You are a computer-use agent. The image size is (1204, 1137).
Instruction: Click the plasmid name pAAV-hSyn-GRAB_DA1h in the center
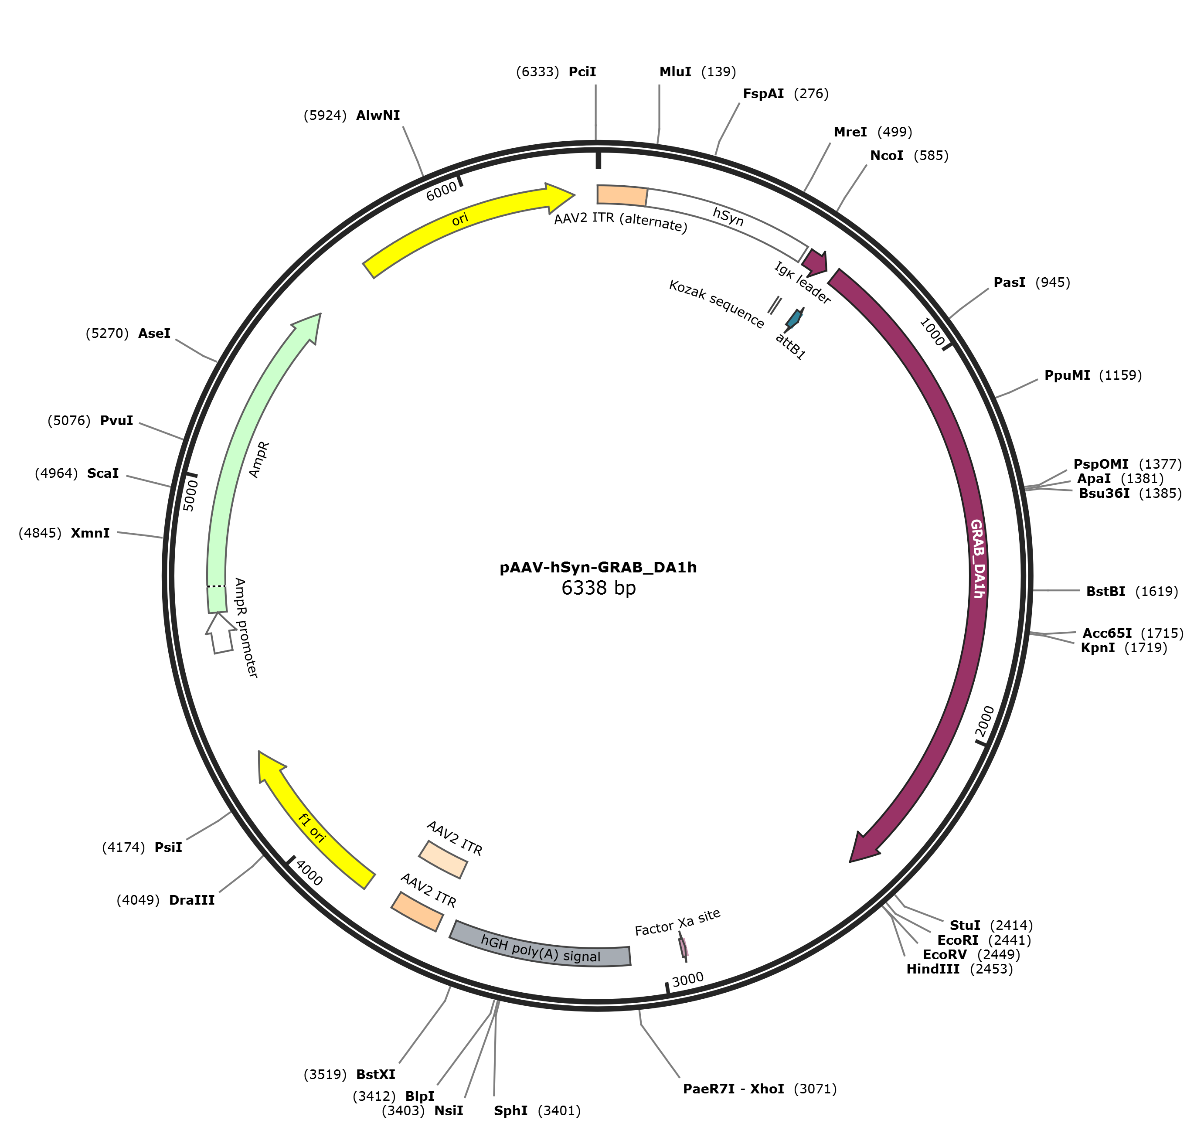click(x=598, y=567)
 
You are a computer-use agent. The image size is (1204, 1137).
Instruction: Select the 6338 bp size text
click(x=598, y=588)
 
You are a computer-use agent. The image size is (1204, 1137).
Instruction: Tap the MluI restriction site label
click(x=675, y=72)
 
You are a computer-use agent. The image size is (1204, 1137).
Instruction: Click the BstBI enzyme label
click(x=1105, y=592)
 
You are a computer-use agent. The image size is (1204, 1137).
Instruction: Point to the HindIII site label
click(x=932, y=969)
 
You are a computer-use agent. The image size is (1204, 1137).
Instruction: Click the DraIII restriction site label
click(x=191, y=900)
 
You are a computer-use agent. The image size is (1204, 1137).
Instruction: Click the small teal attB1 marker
click(x=794, y=318)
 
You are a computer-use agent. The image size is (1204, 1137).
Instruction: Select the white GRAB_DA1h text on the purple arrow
click(x=977, y=558)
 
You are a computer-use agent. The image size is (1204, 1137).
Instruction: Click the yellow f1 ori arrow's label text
click(x=312, y=828)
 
